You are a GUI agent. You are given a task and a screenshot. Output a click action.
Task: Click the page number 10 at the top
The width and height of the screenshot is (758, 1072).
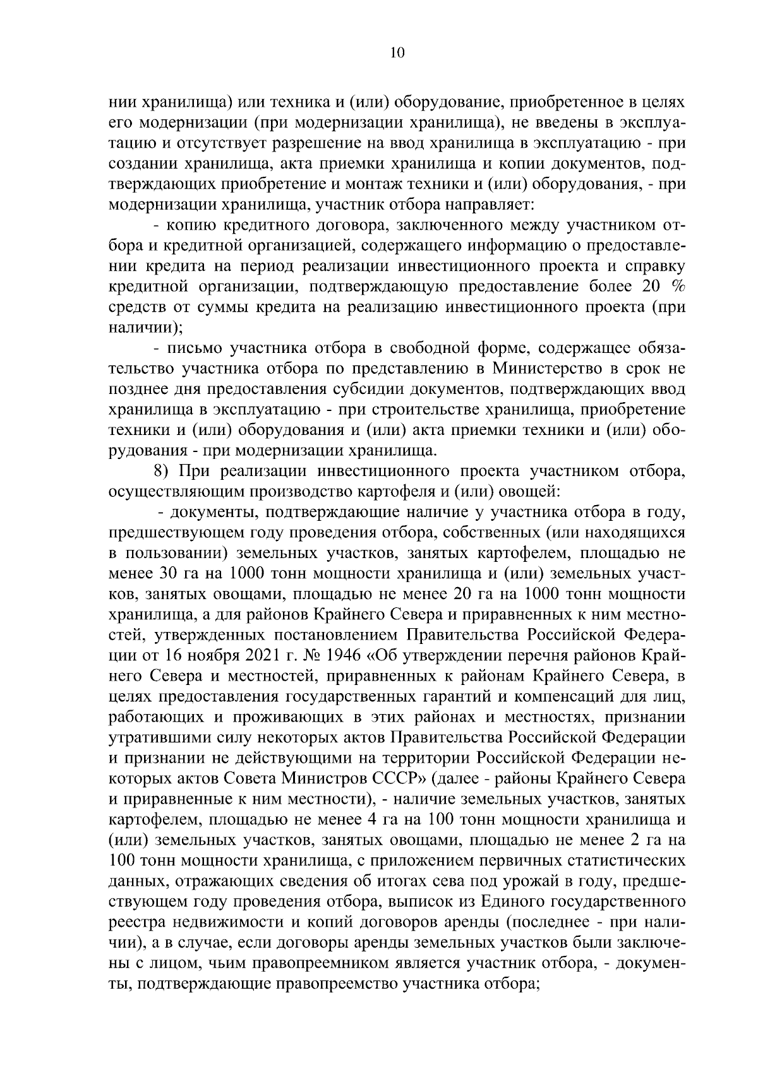click(x=397, y=53)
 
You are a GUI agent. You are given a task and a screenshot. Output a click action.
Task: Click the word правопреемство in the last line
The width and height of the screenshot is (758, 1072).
click(x=332, y=984)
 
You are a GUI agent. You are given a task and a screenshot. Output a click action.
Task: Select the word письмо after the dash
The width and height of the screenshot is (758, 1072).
click(x=195, y=348)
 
